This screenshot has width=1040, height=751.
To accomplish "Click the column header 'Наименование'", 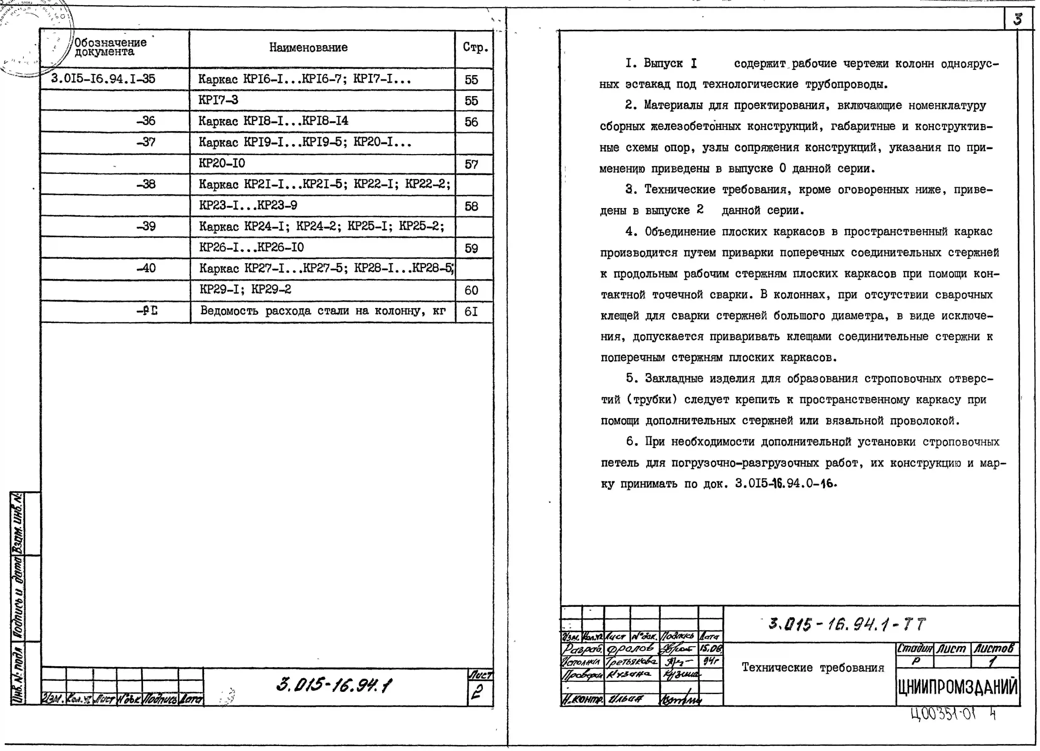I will pyautogui.click(x=308, y=47).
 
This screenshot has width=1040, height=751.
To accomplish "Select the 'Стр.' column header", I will pyautogui.click(x=475, y=47).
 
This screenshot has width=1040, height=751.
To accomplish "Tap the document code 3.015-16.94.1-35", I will pyautogui.click(x=103, y=79).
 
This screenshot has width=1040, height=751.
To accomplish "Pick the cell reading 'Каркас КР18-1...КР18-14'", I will pyautogui.click(x=273, y=121).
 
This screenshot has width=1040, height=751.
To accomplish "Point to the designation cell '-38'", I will pyautogui.click(x=146, y=184).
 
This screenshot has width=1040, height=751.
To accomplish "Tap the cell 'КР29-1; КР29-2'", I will pyautogui.click(x=245, y=290).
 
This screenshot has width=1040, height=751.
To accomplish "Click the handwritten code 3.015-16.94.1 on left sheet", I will pyautogui.click(x=334, y=685).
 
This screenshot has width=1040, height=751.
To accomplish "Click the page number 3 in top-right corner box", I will pyautogui.click(x=1018, y=19).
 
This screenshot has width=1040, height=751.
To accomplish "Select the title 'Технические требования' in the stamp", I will pyautogui.click(x=813, y=668).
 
